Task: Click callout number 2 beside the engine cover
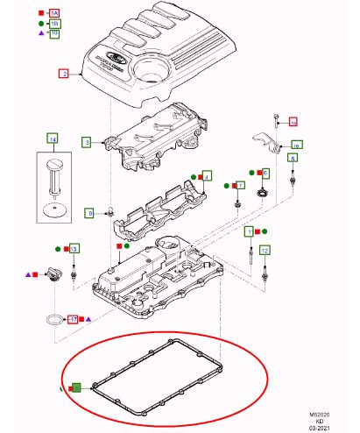tap(63, 75)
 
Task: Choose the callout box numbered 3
tap(87, 141)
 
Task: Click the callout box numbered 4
tap(207, 176)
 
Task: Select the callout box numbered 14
tap(53, 138)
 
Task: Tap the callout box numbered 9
tap(88, 213)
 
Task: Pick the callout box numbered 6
tap(265, 174)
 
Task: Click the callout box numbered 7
tap(238, 185)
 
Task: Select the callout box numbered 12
tap(265, 250)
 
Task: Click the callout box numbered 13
tap(74, 250)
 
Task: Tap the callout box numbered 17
tap(74, 319)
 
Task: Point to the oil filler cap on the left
tap(52, 276)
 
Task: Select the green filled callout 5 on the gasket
tap(76, 387)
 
